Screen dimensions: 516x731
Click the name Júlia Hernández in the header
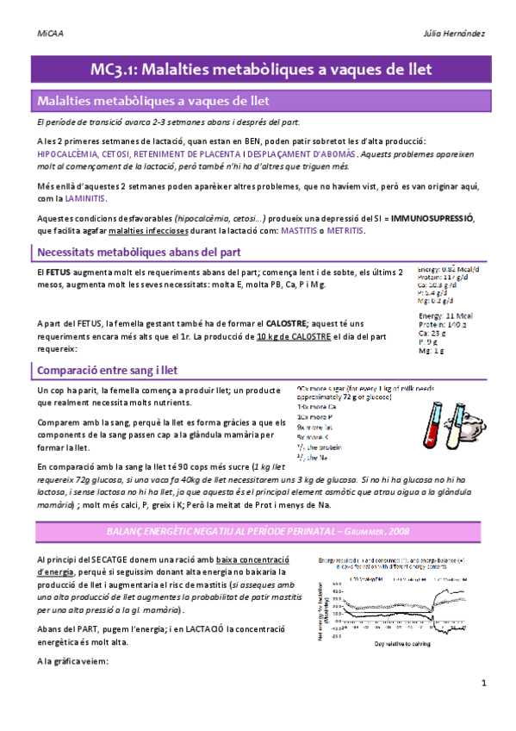pyautogui.click(x=454, y=33)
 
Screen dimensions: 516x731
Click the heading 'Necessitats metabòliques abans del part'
pyautogui.click(x=145, y=252)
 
